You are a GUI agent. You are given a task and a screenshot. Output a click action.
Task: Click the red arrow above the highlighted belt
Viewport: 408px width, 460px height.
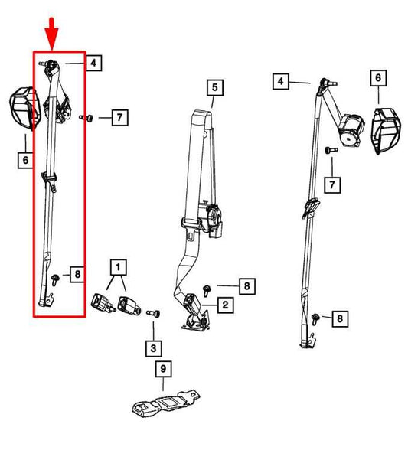(x=51, y=33)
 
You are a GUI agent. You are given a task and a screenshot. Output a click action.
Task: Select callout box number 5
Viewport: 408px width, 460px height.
(x=215, y=87)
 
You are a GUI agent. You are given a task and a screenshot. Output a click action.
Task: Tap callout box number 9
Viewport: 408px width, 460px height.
(x=163, y=369)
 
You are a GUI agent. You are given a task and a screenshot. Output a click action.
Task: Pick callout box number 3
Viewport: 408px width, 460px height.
(x=153, y=348)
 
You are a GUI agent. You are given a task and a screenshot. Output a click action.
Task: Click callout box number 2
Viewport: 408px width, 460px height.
(x=225, y=305)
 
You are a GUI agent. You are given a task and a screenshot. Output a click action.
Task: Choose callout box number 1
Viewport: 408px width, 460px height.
(x=118, y=267)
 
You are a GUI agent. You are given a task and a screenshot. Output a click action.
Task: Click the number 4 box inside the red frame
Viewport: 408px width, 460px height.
(x=93, y=63)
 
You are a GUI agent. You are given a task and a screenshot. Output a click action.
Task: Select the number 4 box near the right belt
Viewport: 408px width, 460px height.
(x=281, y=81)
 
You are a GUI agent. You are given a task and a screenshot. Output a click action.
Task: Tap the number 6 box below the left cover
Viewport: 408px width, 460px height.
(x=25, y=160)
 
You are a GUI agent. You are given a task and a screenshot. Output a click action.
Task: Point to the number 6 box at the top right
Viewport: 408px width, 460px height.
(x=378, y=78)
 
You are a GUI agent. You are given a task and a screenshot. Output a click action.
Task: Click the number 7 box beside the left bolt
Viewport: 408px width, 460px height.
(x=119, y=118)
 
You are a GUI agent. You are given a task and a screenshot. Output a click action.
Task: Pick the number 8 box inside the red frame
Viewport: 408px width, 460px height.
(x=78, y=274)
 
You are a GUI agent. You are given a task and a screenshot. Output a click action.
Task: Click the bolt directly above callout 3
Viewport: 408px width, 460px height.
(x=153, y=314)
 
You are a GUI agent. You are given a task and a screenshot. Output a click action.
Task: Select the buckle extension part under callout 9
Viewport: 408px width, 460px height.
(x=166, y=403)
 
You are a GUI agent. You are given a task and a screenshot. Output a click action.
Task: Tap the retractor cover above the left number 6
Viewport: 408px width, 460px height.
(x=25, y=108)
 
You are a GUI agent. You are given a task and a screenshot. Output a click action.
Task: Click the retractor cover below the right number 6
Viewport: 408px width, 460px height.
(x=386, y=130)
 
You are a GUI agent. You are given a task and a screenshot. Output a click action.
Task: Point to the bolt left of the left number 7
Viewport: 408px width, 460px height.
(x=86, y=118)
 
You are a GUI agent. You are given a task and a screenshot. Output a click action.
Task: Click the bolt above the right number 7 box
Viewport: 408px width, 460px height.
(x=331, y=150)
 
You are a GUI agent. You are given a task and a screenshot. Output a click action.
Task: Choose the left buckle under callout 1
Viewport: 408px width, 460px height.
(x=103, y=303)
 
